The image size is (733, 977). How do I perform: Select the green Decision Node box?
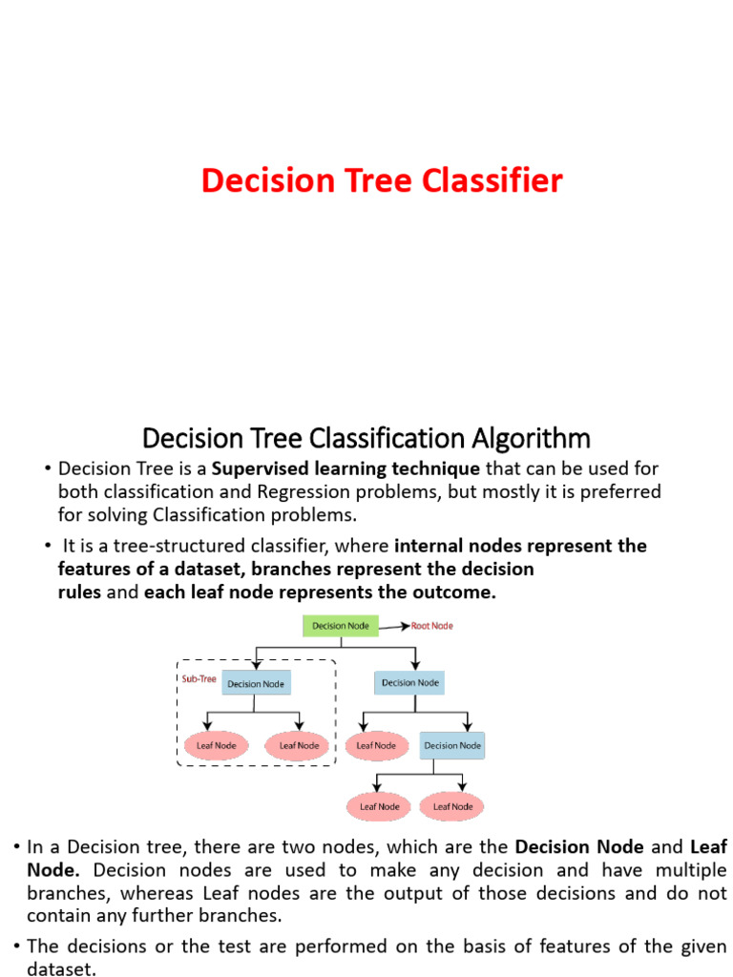tap(341, 626)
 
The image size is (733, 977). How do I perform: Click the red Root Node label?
tap(432, 626)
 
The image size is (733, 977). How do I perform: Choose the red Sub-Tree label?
tap(198, 679)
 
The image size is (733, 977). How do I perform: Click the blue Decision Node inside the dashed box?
tap(256, 683)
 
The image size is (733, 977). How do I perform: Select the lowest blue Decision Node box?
tap(452, 745)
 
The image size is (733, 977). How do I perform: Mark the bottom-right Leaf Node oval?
tap(453, 806)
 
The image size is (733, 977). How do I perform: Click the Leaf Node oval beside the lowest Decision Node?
tap(376, 745)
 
